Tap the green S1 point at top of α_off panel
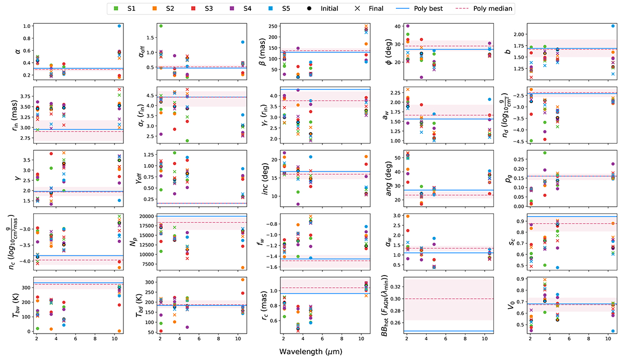[x=161, y=26]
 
